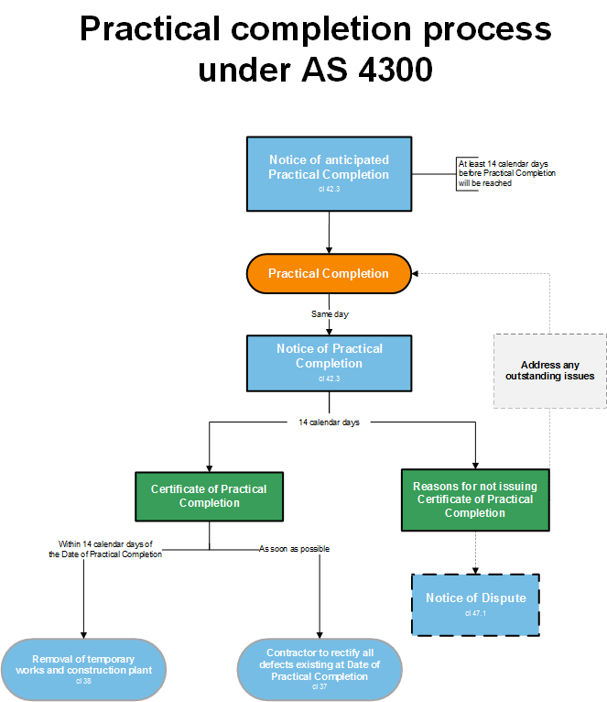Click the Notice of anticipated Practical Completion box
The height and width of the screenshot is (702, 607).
(328, 172)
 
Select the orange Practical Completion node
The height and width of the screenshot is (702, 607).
(328, 273)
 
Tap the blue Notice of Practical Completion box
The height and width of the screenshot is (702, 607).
(329, 363)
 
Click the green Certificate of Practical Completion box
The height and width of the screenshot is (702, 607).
(210, 496)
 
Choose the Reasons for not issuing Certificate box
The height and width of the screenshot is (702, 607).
(475, 499)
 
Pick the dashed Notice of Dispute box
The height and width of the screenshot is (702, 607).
(475, 603)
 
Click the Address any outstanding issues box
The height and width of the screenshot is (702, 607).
(549, 370)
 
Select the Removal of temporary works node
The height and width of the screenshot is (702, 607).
(83, 668)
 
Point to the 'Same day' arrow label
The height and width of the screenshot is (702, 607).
(330, 314)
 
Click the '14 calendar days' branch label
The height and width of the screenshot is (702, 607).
(330, 422)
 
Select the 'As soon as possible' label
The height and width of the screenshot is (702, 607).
(295, 549)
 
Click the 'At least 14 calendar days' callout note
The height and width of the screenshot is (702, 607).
(506, 173)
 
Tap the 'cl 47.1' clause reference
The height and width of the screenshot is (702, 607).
(475, 613)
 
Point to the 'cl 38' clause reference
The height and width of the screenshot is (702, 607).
(83, 681)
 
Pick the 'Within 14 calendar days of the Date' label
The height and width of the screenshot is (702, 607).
(105, 549)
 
